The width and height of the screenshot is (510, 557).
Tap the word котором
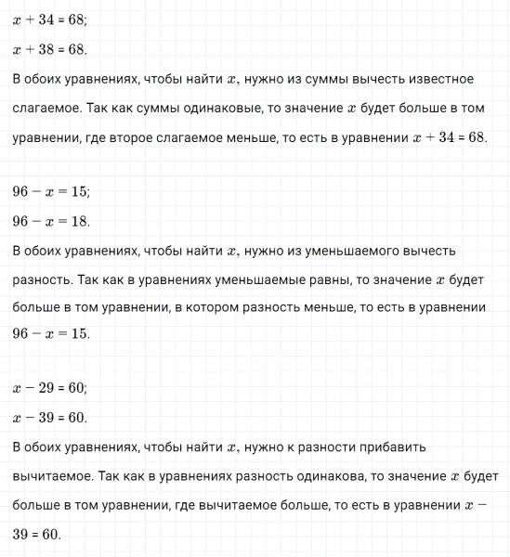point(244,307)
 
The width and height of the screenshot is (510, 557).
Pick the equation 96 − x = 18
point(50,222)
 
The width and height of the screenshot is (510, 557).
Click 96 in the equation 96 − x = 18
point(21,222)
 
